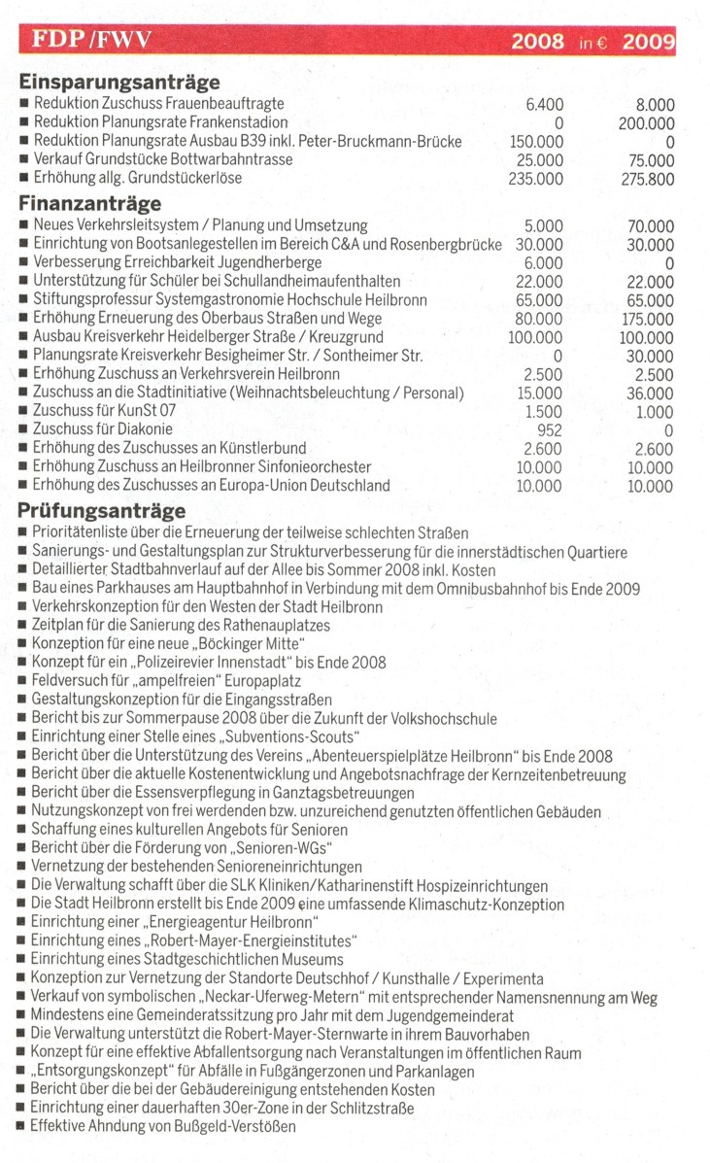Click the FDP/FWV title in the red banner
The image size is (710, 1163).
coord(92,40)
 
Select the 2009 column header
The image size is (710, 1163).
coord(648,41)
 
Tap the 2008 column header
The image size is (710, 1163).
coord(537,41)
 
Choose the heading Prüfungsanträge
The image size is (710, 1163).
coord(102,511)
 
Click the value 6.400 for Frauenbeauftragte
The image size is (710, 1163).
coord(544,104)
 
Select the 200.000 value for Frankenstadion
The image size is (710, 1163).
coord(646,122)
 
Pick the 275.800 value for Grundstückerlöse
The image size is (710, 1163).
coord(646,179)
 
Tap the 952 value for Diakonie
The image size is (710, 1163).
coord(550,429)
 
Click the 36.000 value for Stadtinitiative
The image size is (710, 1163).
coord(650,393)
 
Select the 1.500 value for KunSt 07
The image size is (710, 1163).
coord(543,411)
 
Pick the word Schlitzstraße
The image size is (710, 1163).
coord(367,1109)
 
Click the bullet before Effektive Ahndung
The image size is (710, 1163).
coord(21,1127)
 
